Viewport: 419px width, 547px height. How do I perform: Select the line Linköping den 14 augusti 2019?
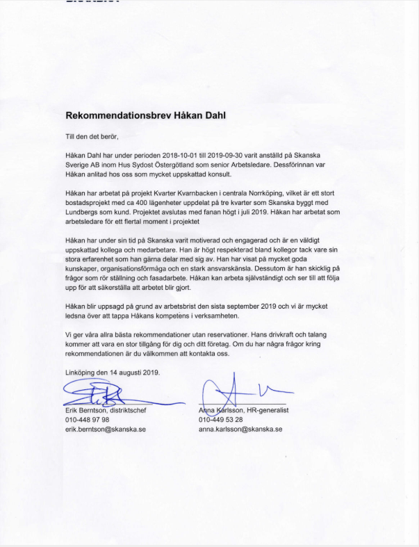coord(112,371)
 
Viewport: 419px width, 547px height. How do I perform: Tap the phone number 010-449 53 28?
coord(220,420)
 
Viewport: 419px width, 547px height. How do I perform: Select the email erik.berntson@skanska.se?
coord(106,430)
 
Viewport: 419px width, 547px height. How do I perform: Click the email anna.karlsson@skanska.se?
coord(240,430)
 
